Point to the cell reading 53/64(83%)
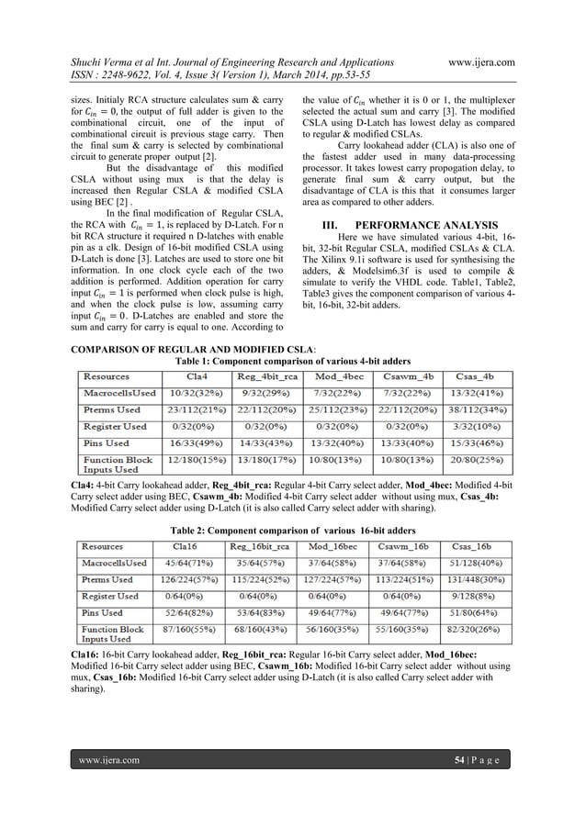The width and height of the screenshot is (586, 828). click(x=265, y=612)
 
